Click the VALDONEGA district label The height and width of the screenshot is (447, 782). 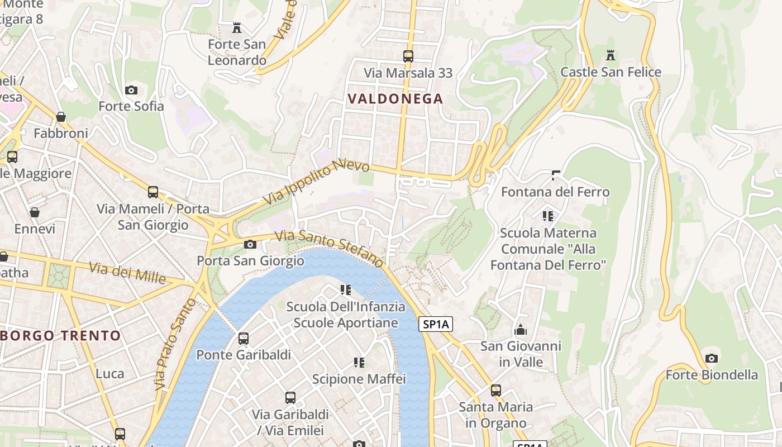point(395,99)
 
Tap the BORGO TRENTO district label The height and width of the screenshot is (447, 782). point(60,336)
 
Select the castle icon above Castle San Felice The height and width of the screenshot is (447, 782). point(611,55)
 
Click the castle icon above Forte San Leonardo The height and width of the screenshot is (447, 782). point(237,27)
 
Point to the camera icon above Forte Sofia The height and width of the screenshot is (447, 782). point(131,90)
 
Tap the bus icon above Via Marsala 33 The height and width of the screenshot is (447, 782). point(408,56)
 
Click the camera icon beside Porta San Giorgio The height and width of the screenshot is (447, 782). point(250,244)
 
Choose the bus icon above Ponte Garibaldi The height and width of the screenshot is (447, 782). point(244,338)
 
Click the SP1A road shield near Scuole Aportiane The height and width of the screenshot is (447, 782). point(435,324)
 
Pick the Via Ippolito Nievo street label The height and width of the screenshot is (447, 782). point(316,182)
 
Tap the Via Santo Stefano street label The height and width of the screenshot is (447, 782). point(329,248)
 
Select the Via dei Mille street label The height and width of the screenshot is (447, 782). point(127,272)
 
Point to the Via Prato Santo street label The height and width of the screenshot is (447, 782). point(174,344)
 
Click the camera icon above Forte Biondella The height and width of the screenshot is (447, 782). point(711,358)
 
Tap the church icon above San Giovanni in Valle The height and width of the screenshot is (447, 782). point(521,330)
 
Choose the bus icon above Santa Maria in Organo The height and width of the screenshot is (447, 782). point(496,390)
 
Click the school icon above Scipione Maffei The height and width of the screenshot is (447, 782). point(359,363)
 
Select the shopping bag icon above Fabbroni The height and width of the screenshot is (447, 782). point(61,117)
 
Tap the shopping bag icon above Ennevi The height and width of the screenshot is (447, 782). point(35,212)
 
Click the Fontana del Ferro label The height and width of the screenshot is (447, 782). point(555,192)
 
